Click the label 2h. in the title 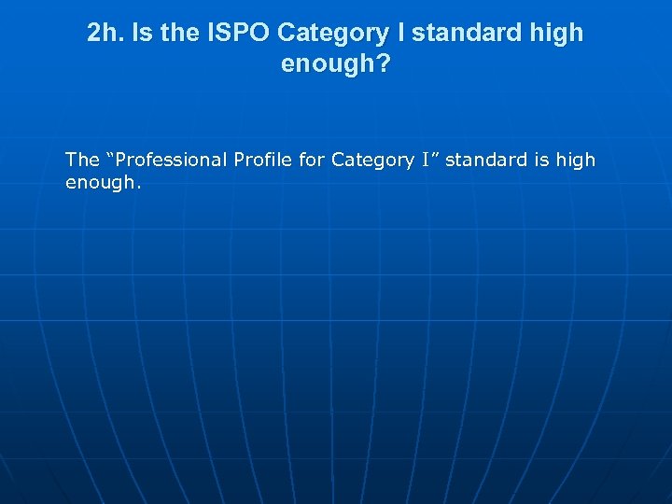(105, 33)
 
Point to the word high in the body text (575, 160)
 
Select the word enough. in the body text (103, 182)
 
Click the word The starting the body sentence (82, 160)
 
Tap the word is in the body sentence (541, 160)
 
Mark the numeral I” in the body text (430, 160)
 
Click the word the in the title (184, 33)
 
